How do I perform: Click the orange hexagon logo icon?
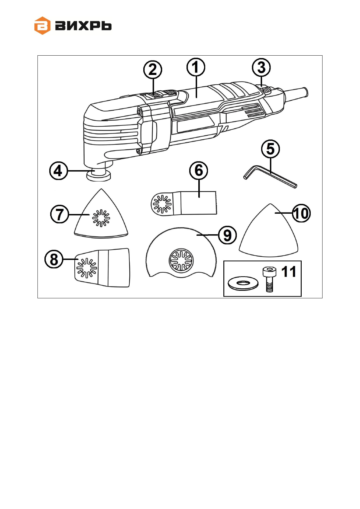tap(42, 26)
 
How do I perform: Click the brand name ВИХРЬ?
tap(83, 26)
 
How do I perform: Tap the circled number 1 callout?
tap(196, 67)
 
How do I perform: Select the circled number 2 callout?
tap(153, 70)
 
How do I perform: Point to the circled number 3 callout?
tap(261, 67)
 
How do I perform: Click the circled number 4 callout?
tap(58, 171)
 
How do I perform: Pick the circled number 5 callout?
tap(271, 149)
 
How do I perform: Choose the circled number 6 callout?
tap(199, 170)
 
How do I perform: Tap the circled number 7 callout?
tap(60, 214)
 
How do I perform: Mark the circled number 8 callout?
tap(54, 259)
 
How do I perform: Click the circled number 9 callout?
tap(227, 235)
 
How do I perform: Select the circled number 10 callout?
tap(301, 213)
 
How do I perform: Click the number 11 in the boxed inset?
tap(289, 271)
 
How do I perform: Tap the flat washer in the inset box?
tap(243, 284)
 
